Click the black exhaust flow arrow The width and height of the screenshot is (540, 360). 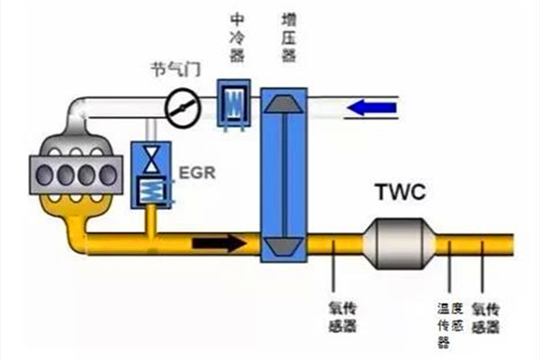tap(221, 242)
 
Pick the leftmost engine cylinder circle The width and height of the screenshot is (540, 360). tap(42, 169)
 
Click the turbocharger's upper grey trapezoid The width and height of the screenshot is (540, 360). tap(284, 104)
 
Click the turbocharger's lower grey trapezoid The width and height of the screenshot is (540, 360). tap(284, 243)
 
